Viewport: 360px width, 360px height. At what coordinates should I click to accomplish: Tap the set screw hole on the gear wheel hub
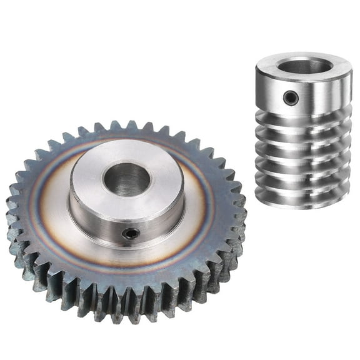(131, 234)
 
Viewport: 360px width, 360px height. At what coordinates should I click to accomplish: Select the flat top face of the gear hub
(94, 187)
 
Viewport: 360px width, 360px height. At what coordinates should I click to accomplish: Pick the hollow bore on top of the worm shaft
(305, 66)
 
